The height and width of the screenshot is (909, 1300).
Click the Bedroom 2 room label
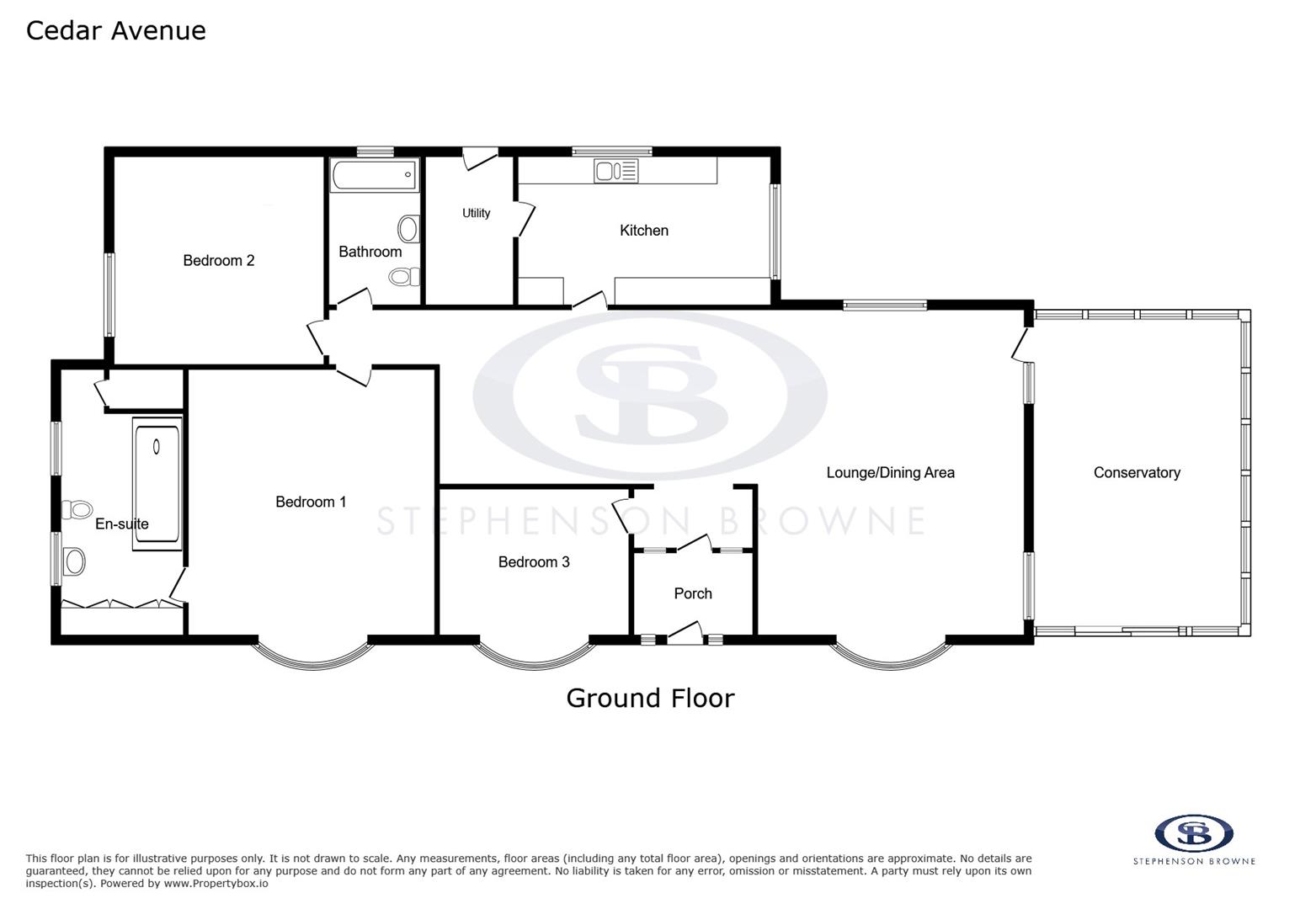[219, 260]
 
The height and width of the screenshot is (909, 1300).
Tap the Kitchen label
[644, 230]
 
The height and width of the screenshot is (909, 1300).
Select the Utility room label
[476, 213]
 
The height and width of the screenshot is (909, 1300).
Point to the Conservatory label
[1137, 472]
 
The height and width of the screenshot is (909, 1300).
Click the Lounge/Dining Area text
[890, 472]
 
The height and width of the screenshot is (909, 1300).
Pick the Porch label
[693, 593]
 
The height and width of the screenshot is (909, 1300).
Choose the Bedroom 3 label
[534, 561]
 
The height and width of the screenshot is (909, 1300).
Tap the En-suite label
[122, 524]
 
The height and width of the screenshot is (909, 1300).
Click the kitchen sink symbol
[615, 171]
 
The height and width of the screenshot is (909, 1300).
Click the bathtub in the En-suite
[157, 484]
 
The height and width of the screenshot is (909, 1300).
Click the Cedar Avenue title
[116, 30]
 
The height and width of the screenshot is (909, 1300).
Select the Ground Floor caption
[650, 698]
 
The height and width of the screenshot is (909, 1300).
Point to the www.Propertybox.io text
[216, 884]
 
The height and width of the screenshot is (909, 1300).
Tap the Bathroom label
[370, 251]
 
